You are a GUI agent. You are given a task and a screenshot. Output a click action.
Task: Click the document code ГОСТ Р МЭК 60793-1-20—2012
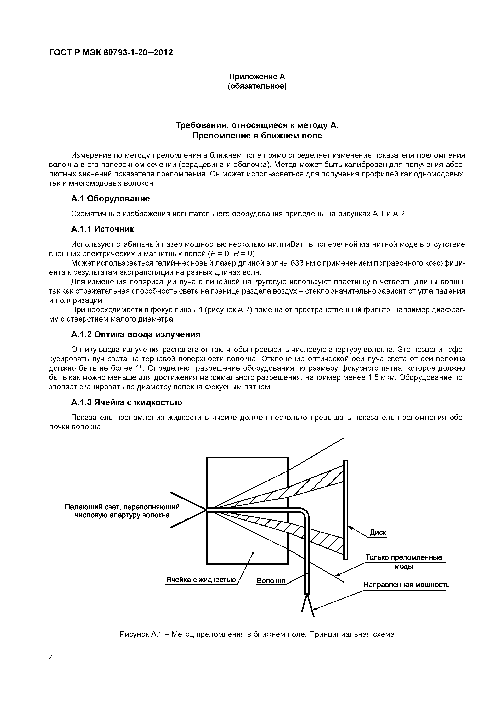pos(111,53)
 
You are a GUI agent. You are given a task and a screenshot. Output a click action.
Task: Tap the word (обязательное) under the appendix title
pos(257,86)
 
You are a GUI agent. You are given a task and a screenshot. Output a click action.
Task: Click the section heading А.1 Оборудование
pos(111,199)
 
